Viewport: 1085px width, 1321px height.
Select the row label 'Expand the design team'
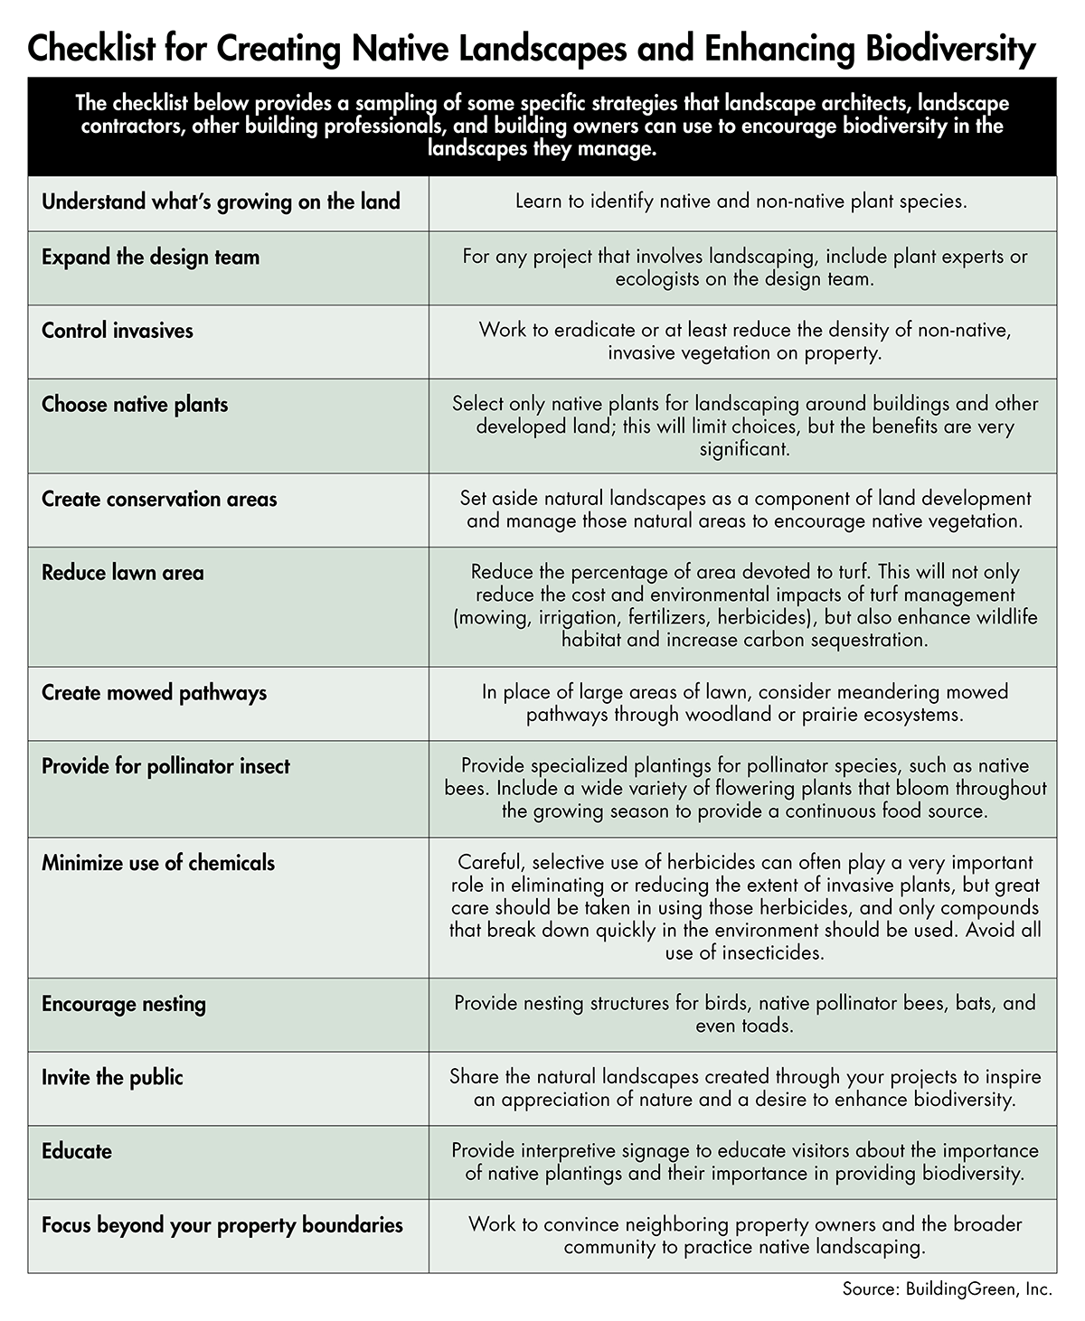point(150,258)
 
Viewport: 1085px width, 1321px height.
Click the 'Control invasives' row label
point(118,331)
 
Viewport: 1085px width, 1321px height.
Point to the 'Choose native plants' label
point(135,405)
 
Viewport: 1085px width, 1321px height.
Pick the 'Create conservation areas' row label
point(159,500)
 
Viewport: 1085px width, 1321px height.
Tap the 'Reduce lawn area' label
point(123,573)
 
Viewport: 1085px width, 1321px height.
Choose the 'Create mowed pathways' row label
point(154,694)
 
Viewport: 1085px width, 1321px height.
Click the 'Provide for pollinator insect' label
point(165,767)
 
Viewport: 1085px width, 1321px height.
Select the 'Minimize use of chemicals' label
point(158,863)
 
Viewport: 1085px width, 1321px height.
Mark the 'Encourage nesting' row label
point(124,1005)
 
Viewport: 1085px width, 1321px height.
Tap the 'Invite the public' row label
point(112,1078)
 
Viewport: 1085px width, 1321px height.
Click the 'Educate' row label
point(77,1152)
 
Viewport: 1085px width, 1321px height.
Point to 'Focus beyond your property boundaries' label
point(222,1226)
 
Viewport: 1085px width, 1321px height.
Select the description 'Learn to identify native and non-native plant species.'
point(741,201)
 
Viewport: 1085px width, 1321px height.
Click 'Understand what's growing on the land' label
point(221,201)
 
